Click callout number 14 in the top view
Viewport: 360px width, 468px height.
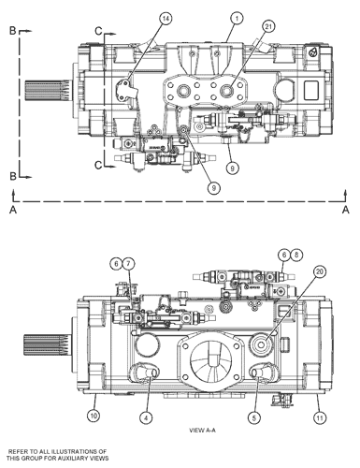pos(166,18)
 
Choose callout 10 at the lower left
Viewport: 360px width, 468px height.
pos(94,414)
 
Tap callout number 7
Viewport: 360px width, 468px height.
pos(130,263)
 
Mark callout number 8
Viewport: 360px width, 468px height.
pos(295,254)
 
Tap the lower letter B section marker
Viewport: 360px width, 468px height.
pos(11,174)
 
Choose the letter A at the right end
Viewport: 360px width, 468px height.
pos(345,212)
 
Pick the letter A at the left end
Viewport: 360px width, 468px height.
pos(11,212)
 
